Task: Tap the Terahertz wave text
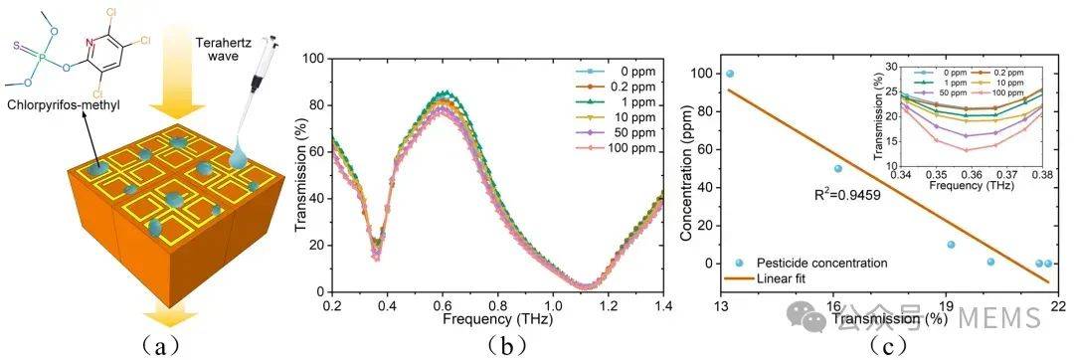[231, 50]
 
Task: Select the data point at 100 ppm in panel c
[730, 74]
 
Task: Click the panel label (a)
[159, 346]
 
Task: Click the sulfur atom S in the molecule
[17, 47]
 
